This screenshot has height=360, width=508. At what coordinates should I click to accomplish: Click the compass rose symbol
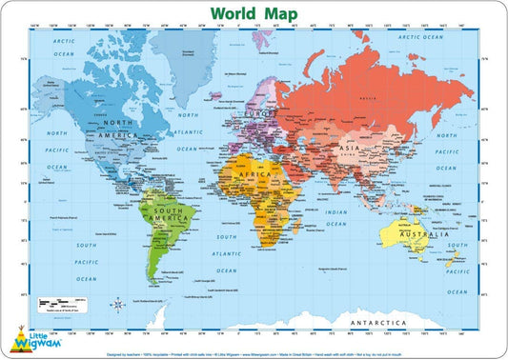click(x=117, y=305)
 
